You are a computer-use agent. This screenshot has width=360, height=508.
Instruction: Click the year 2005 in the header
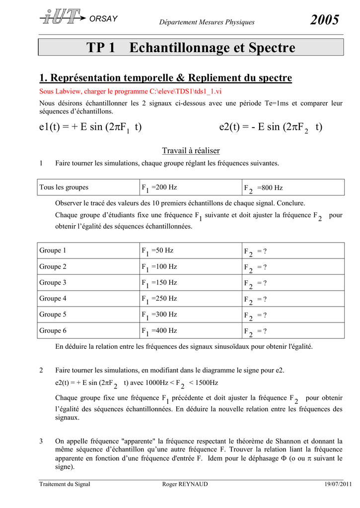(x=325, y=20)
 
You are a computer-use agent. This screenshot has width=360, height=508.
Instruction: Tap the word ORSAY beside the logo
(x=104, y=19)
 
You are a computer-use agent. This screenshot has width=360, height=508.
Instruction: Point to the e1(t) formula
(x=90, y=127)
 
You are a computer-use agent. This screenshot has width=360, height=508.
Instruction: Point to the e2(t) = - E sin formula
(x=271, y=127)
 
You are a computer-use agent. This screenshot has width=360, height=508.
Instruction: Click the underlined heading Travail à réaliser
(x=191, y=151)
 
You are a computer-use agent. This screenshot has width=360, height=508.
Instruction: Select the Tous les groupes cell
(x=64, y=188)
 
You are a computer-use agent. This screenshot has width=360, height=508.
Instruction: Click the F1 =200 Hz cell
(x=159, y=188)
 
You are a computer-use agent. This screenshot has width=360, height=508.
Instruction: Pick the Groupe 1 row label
(x=53, y=251)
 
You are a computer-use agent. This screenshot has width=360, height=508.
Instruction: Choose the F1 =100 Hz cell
(x=159, y=267)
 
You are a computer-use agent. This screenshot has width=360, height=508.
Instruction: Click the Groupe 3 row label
(x=53, y=283)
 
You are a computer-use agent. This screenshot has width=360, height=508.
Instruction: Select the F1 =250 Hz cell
(x=159, y=299)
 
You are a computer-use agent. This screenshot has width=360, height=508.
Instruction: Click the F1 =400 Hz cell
(x=159, y=330)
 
